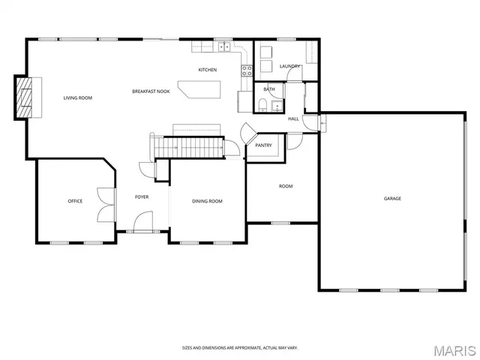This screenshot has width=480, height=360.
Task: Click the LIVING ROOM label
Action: (77, 97)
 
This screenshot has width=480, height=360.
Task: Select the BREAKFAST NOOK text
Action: (151, 91)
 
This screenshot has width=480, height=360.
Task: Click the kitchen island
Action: (199, 89)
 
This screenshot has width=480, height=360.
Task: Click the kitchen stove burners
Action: (245, 72)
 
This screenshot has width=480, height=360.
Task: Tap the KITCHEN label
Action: (208, 70)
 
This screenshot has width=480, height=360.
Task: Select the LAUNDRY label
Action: (289, 66)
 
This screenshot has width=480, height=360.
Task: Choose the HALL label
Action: (293, 118)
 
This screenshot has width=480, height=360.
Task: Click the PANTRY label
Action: (263, 145)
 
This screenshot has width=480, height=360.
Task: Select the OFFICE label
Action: (75, 201)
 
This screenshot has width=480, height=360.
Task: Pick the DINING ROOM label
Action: (207, 201)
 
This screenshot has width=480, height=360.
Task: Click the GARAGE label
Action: (392, 199)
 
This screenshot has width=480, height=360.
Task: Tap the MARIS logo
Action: (454, 349)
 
